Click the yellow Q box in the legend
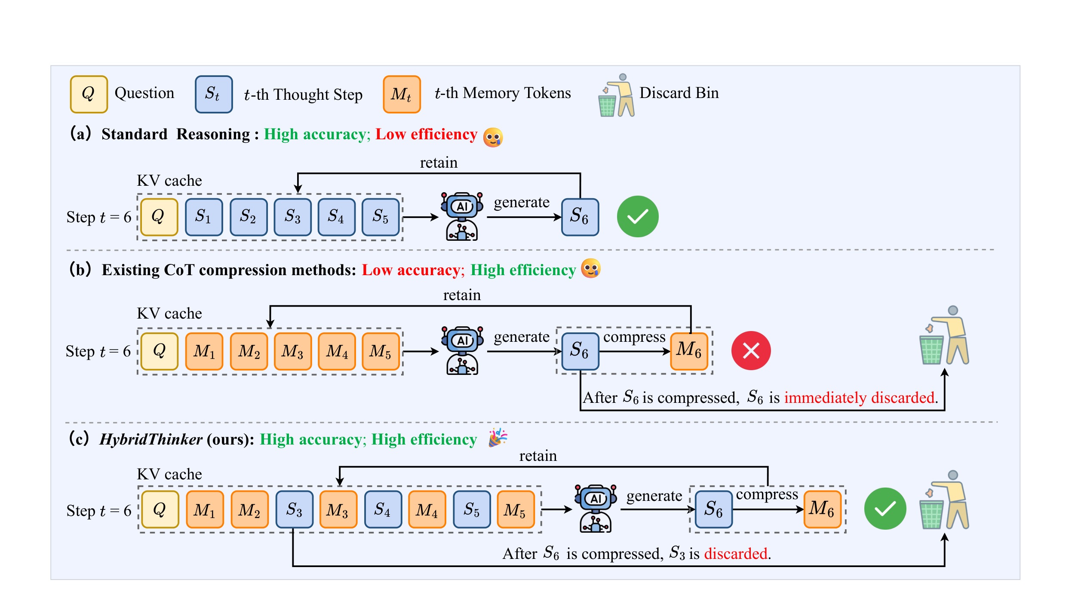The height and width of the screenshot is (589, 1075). [89, 94]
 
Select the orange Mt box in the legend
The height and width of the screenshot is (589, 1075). [402, 94]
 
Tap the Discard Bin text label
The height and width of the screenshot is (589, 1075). [679, 93]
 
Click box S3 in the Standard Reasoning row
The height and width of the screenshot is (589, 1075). [292, 217]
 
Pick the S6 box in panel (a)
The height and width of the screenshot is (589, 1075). [580, 217]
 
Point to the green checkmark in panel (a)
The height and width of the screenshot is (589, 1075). [638, 216]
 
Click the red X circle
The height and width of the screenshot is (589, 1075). [751, 350]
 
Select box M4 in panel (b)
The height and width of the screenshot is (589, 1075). [337, 351]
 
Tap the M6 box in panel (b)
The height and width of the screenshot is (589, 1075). [689, 351]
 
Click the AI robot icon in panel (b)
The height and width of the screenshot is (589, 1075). [462, 350]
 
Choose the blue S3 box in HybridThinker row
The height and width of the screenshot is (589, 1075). [294, 509]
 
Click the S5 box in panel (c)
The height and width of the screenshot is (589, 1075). [472, 509]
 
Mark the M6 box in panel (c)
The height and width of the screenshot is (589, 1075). [823, 509]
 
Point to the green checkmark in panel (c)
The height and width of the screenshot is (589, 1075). [885, 508]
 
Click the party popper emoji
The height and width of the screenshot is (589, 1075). [498, 438]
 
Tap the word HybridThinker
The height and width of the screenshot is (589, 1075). [151, 439]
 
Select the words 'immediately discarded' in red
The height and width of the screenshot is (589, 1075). [859, 397]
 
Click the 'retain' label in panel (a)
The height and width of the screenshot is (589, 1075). [439, 163]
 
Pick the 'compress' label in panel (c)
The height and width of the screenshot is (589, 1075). [767, 495]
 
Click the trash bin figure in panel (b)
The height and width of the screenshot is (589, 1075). [944, 335]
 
